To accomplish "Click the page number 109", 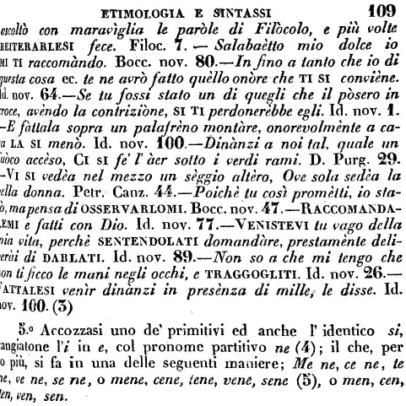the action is (384, 10).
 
